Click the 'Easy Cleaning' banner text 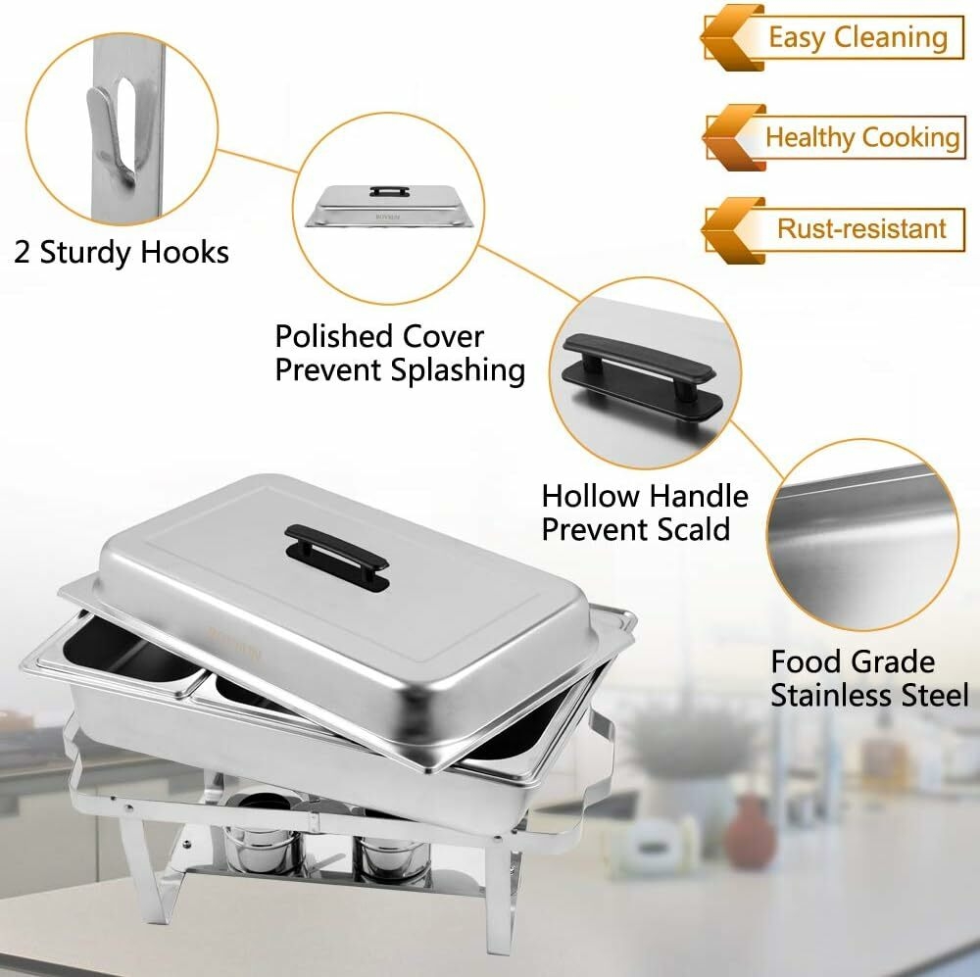pos(857,37)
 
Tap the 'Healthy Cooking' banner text pos(862,137)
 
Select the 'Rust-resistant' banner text pos(861,228)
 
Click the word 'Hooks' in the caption pos(184,252)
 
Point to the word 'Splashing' pos(458,370)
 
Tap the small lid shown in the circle pos(388,206)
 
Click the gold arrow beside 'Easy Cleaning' pos(732,38)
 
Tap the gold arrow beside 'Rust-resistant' pos(732,230)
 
